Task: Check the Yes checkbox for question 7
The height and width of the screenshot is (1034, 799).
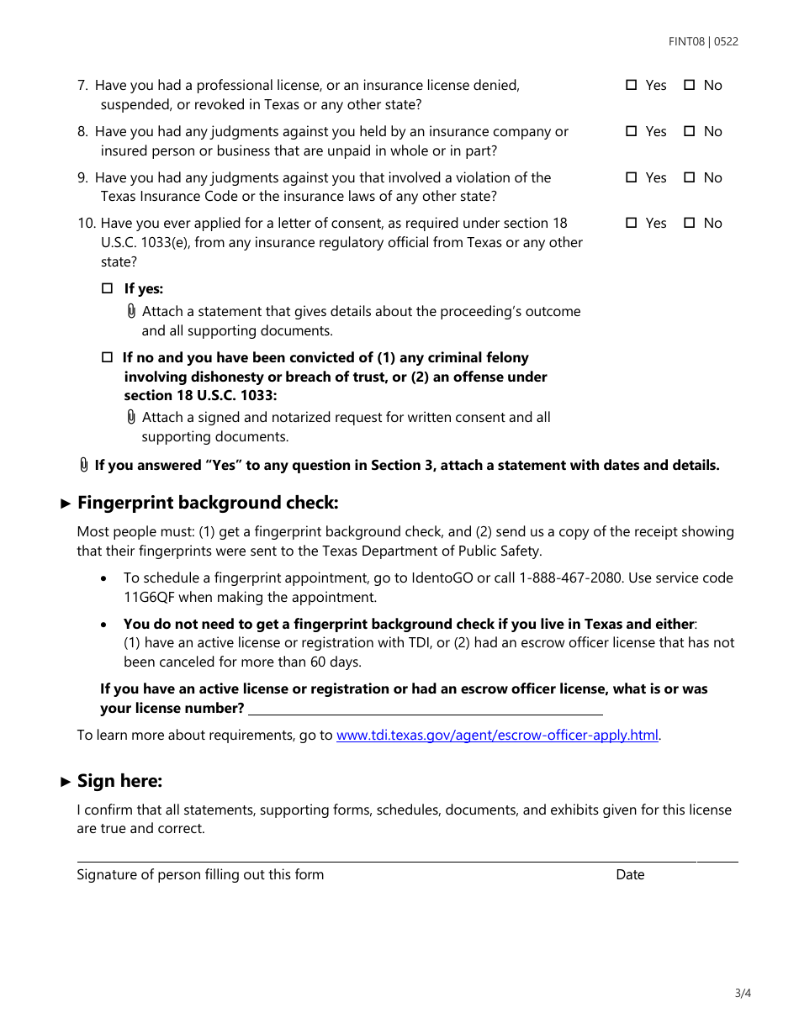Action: (632, 85)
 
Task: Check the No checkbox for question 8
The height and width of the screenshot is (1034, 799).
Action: (690, 131)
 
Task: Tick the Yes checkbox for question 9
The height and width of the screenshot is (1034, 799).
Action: (632, 177)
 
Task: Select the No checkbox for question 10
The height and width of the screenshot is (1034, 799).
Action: (690, 223)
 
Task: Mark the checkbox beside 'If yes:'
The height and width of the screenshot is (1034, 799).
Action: (107, 288)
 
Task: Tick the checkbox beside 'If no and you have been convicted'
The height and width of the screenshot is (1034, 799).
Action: (107, 357)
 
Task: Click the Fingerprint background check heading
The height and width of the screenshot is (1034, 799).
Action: (207, 503)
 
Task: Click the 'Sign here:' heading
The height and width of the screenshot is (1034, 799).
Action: (119, 781)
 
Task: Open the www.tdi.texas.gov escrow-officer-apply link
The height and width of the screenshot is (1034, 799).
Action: (497, 736)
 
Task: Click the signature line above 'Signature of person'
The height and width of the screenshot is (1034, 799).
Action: (387, 860)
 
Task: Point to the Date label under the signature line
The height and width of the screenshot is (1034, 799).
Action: (630, 875)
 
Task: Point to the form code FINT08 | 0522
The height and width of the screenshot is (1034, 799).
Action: (703, 41)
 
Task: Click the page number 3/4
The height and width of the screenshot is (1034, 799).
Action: (743, 994)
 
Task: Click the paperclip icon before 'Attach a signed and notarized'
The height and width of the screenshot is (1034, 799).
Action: (131, 418)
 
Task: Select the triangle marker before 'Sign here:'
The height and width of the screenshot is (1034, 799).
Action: (66, 782)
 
